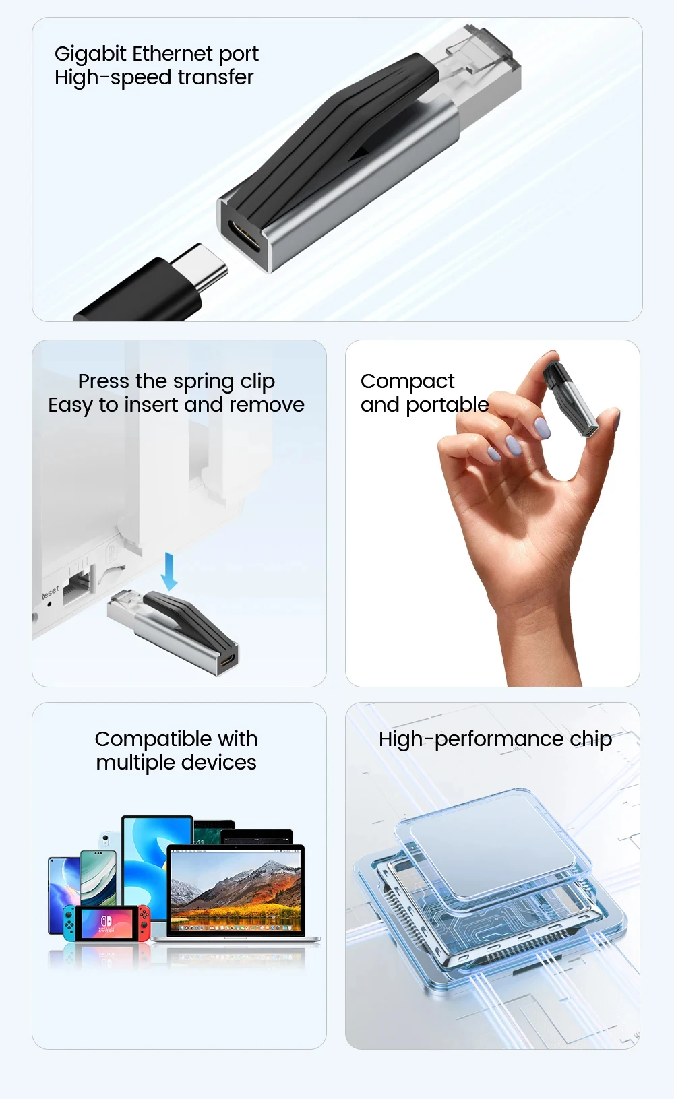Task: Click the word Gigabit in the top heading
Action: (90, 55)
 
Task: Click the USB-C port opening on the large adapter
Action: (245, 236)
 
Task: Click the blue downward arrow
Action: (169, 571)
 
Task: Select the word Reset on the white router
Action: (50, 592)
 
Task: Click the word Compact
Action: (408, 381)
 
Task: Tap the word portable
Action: (448, 405)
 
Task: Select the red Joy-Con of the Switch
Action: (144, 923)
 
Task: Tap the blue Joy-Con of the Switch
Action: (69, 923)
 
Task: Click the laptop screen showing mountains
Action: (236, 891)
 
